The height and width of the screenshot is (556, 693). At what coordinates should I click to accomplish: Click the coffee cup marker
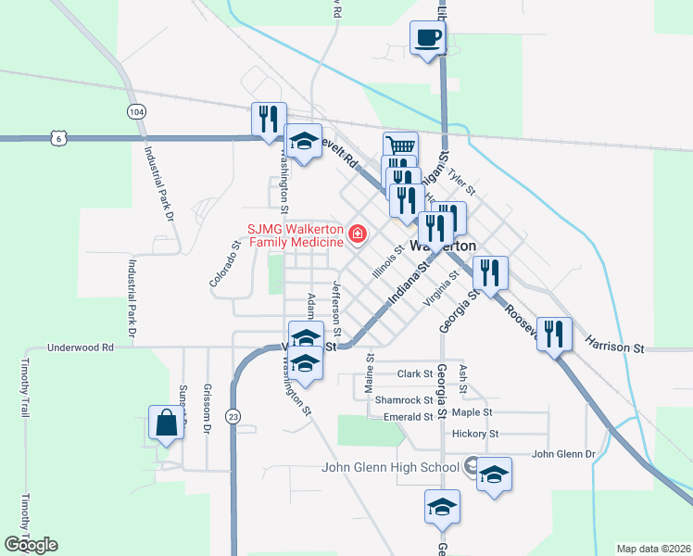click(427, 38)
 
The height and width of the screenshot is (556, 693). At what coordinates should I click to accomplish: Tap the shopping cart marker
click(400, 147)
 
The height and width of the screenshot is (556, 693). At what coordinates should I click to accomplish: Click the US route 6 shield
click(59, 137)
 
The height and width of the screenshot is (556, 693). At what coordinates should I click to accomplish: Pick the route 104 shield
click(136, 111)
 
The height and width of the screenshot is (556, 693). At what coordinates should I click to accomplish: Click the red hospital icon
click(357, 232)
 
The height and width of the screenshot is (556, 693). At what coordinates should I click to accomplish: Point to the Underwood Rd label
click(82, 347)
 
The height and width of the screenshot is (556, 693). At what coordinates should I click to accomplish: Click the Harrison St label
click(614, 346)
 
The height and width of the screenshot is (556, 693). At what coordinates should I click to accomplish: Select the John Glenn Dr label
click(563, 454)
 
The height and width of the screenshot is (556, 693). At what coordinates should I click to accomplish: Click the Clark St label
click(415, 374)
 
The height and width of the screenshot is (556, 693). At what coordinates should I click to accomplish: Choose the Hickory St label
click(475, 434)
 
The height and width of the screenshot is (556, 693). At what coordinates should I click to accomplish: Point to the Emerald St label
click(409, 418)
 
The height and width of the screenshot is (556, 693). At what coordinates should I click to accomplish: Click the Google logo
click(31, 545)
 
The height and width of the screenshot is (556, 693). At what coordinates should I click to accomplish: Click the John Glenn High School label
click(390, 467)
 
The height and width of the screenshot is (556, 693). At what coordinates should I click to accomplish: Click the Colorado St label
click(225, 264)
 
